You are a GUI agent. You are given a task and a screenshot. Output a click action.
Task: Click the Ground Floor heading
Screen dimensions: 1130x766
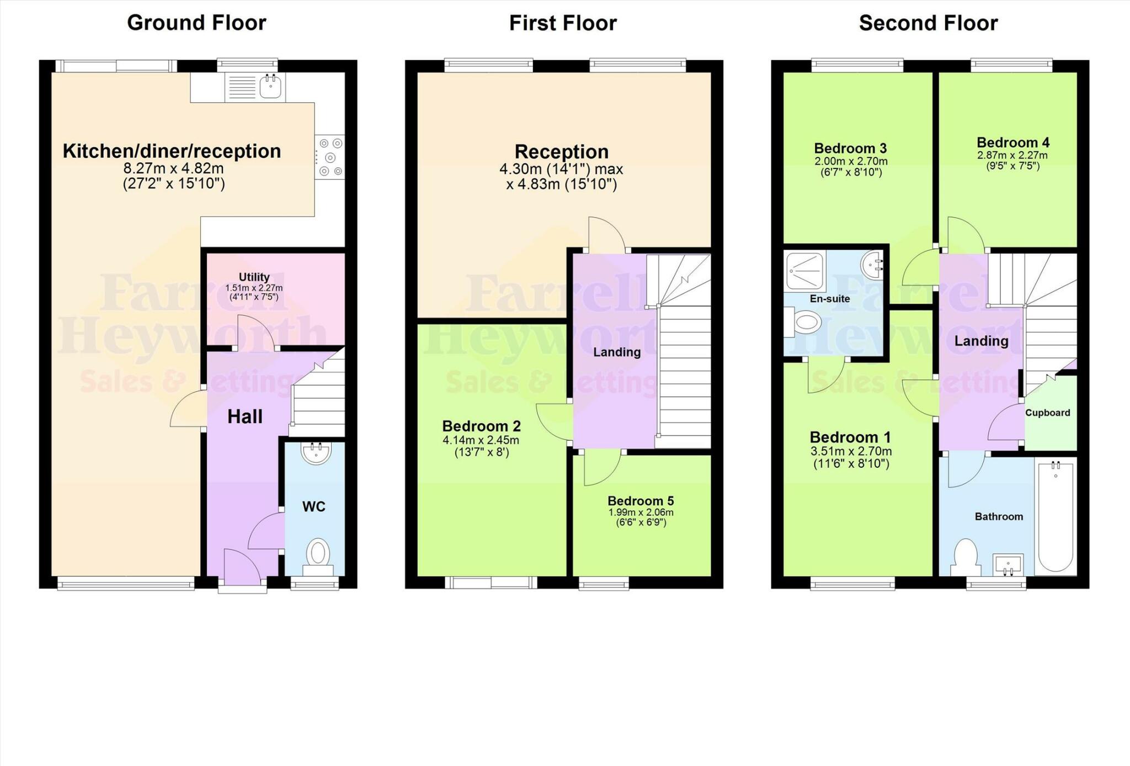click(196, 23)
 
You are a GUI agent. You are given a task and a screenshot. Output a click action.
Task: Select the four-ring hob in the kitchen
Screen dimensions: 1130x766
click(330, 157)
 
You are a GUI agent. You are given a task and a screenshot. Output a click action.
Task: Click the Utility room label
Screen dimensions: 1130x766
click(254, 277)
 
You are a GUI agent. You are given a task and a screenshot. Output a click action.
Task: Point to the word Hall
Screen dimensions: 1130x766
click(245, 416)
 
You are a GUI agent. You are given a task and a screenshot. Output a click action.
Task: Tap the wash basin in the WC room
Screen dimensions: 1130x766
click(316, 453)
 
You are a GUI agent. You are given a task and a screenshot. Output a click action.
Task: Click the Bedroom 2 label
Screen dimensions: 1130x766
click(481, 426)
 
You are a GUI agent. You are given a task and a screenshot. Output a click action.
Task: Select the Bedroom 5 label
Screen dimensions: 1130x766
click(641, 500)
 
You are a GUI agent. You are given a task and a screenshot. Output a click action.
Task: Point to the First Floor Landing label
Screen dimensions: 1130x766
click(617, 352)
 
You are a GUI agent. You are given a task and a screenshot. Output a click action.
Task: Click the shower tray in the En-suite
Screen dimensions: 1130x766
click(805, 271)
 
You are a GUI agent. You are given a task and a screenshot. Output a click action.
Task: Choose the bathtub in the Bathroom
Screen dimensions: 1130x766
click(1056, 516)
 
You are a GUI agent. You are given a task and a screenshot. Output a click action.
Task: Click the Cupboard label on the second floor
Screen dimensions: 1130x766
click(1047, 413)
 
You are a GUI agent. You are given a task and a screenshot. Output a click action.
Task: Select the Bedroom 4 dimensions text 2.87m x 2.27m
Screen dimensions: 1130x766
click(1012, 155)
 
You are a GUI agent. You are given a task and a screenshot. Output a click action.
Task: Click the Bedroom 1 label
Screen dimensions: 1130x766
click(850, 437)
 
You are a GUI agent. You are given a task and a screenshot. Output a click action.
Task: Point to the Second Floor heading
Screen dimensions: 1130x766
click(928, 23)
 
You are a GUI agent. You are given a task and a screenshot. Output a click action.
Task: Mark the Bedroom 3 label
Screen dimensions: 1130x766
click(850, 148)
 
